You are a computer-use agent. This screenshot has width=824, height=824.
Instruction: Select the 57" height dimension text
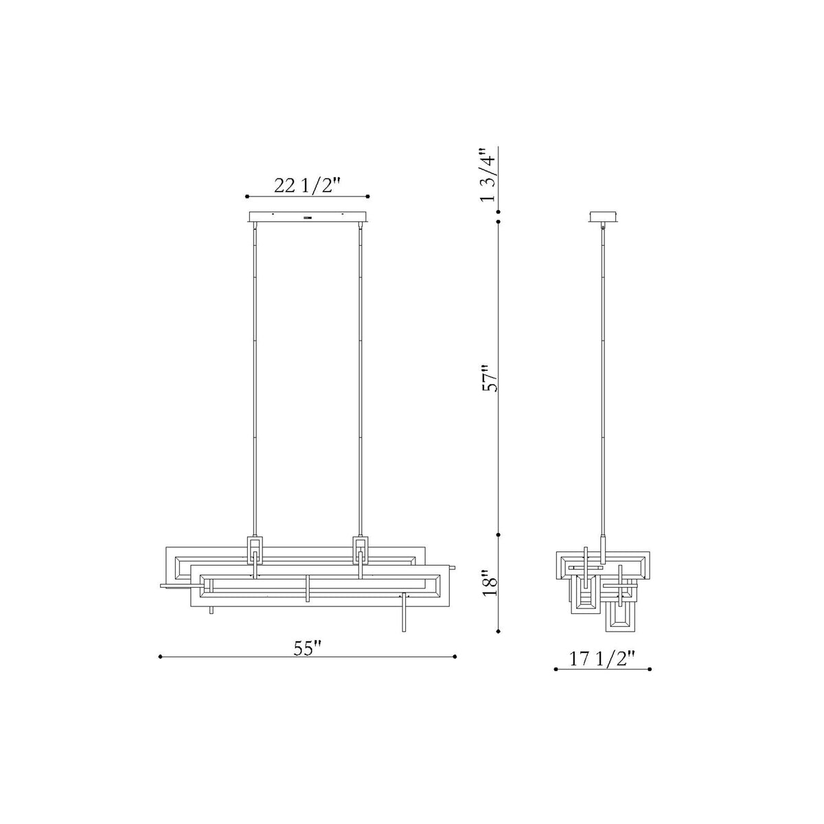490,378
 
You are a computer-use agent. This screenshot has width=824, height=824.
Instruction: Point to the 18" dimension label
490,583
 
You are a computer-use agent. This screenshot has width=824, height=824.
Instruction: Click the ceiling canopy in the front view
308,217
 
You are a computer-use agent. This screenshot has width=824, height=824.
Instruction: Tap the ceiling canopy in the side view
603,217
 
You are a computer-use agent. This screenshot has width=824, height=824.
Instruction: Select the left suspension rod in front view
255,379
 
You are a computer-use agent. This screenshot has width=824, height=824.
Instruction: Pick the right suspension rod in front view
360,379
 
